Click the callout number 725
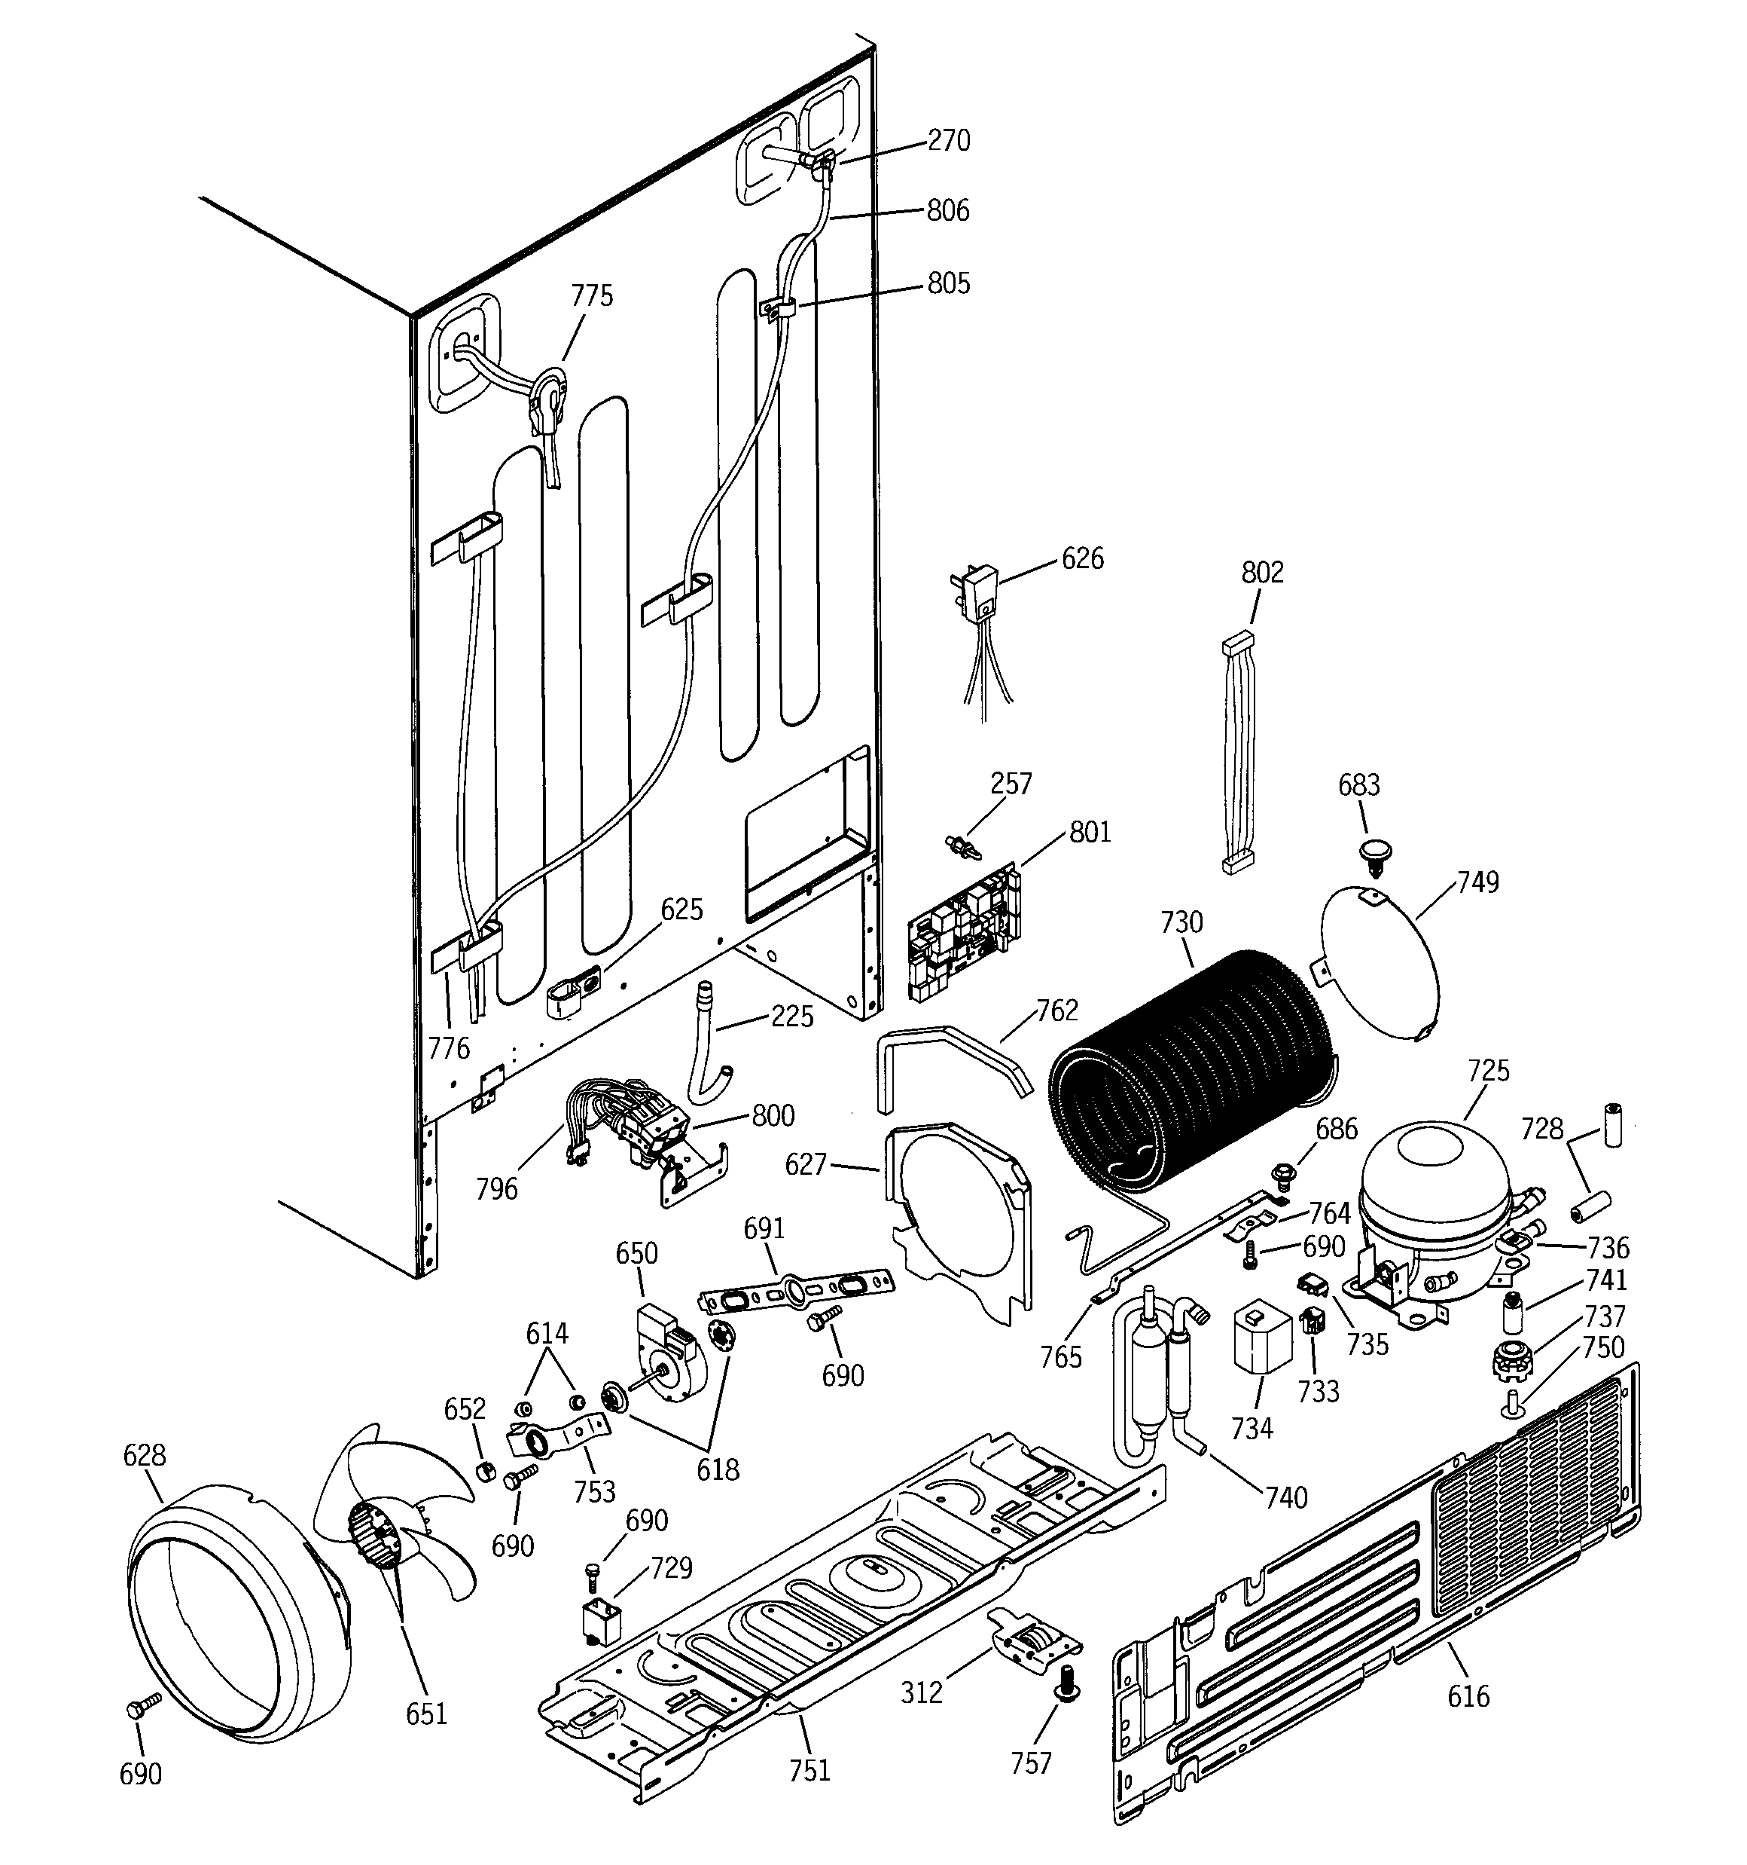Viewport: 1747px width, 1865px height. (x=1488, y=1069)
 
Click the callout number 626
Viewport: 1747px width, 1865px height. (x=1082, y=558)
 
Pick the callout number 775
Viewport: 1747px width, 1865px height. (x=592, y=295)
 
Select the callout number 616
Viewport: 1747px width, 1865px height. (x=1468, y=1696)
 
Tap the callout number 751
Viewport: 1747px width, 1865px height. (x=809, y=1769)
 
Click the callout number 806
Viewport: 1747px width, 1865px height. (x=947, y=210)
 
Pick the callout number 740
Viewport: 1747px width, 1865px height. (x=1285, y=1497)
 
